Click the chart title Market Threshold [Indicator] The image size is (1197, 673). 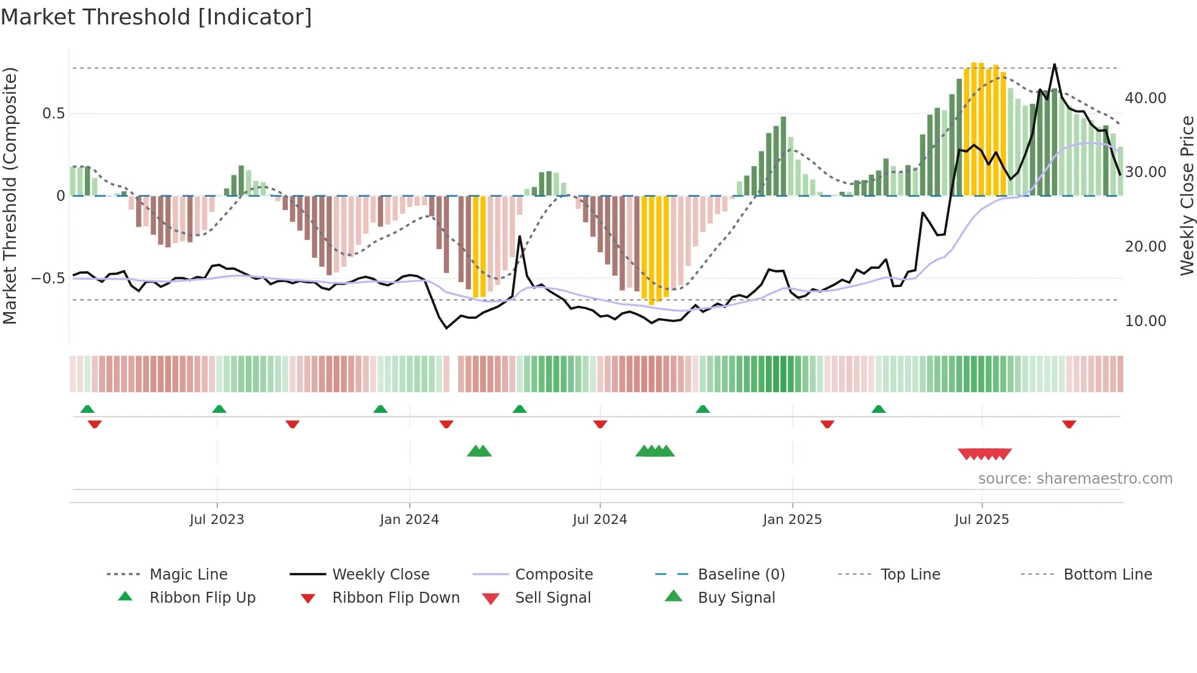click(156, 17)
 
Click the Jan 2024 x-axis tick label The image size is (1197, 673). click(409, 520)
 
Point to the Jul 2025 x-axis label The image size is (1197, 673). click(981, 520)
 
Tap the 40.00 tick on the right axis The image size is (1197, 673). click(1145, 98)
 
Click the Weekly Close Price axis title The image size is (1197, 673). click(1187, 195)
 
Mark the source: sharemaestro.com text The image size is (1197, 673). click(1075, 479)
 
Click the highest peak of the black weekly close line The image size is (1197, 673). click(1054, 65)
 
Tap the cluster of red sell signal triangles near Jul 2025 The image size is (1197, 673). click(984, 454)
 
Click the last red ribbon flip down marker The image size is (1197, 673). click(1069, 424)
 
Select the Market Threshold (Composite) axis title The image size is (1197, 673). click(10, 195)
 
